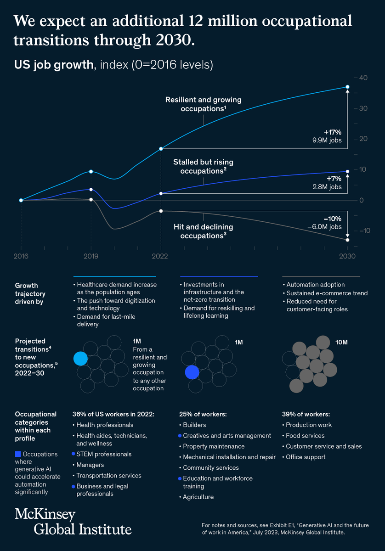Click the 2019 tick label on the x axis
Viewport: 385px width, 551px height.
(91, 256)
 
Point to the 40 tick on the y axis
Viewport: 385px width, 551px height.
(363, 78)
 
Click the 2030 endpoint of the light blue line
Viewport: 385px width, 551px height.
(347, 87)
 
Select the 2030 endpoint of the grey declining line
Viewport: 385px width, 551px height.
(347, 240)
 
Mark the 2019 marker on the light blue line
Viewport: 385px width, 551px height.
(91, 171)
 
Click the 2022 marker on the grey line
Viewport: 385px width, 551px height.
(161, 211)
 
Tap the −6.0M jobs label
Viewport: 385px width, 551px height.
(324, 227)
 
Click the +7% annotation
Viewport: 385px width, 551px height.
(334, 178)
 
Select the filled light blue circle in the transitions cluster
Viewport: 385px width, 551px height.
(80, 359)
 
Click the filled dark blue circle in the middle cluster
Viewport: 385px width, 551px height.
(192, 372)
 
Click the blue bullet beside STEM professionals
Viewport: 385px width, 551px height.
(74, 454)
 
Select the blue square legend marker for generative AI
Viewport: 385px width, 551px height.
(18, 454)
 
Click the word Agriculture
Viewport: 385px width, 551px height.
(198, 497)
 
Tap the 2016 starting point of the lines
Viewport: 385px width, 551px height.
(21, 200)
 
